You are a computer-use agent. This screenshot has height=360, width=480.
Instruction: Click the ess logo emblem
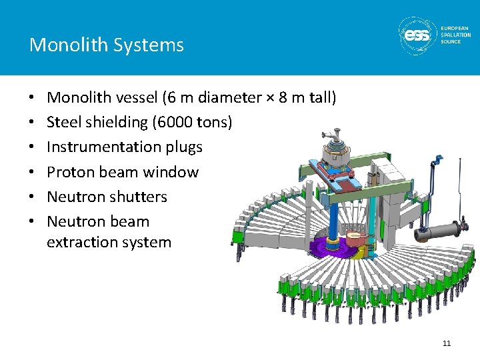point(418,35)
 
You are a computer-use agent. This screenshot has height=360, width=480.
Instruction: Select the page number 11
point(446,343)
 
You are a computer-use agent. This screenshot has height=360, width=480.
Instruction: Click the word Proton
point(71,172)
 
